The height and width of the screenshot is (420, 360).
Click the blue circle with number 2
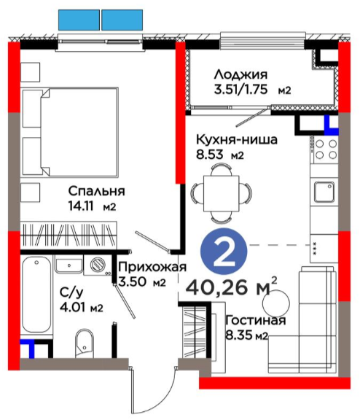pos(224,251)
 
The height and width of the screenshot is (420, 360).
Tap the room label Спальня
pos(97,191)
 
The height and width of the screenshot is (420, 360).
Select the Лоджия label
pos(240,74)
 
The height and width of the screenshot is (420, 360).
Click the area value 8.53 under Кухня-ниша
pos(210,155)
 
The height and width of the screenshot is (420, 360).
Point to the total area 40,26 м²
pos(232,287)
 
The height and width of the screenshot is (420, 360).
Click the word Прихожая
pos(152,267)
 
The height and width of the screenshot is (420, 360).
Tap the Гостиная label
pos(256,320)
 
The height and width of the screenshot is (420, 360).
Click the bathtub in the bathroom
pos(36,295)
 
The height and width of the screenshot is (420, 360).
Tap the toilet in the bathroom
pos(85,343)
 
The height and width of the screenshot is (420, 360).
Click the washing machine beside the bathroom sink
pos(98,265)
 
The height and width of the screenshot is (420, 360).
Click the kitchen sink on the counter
pos(324,192)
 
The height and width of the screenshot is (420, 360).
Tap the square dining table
pos(221,193)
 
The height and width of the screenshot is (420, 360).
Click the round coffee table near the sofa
pos(276,303)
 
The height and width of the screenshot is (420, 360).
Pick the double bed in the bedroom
pos(71,131)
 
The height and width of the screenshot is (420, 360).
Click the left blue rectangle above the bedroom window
pos(79,20)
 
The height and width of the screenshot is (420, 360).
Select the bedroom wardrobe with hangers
pos(69,235)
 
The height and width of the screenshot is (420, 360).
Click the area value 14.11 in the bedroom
pos(81,206)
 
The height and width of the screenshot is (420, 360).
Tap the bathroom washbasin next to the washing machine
pos(69,265)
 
